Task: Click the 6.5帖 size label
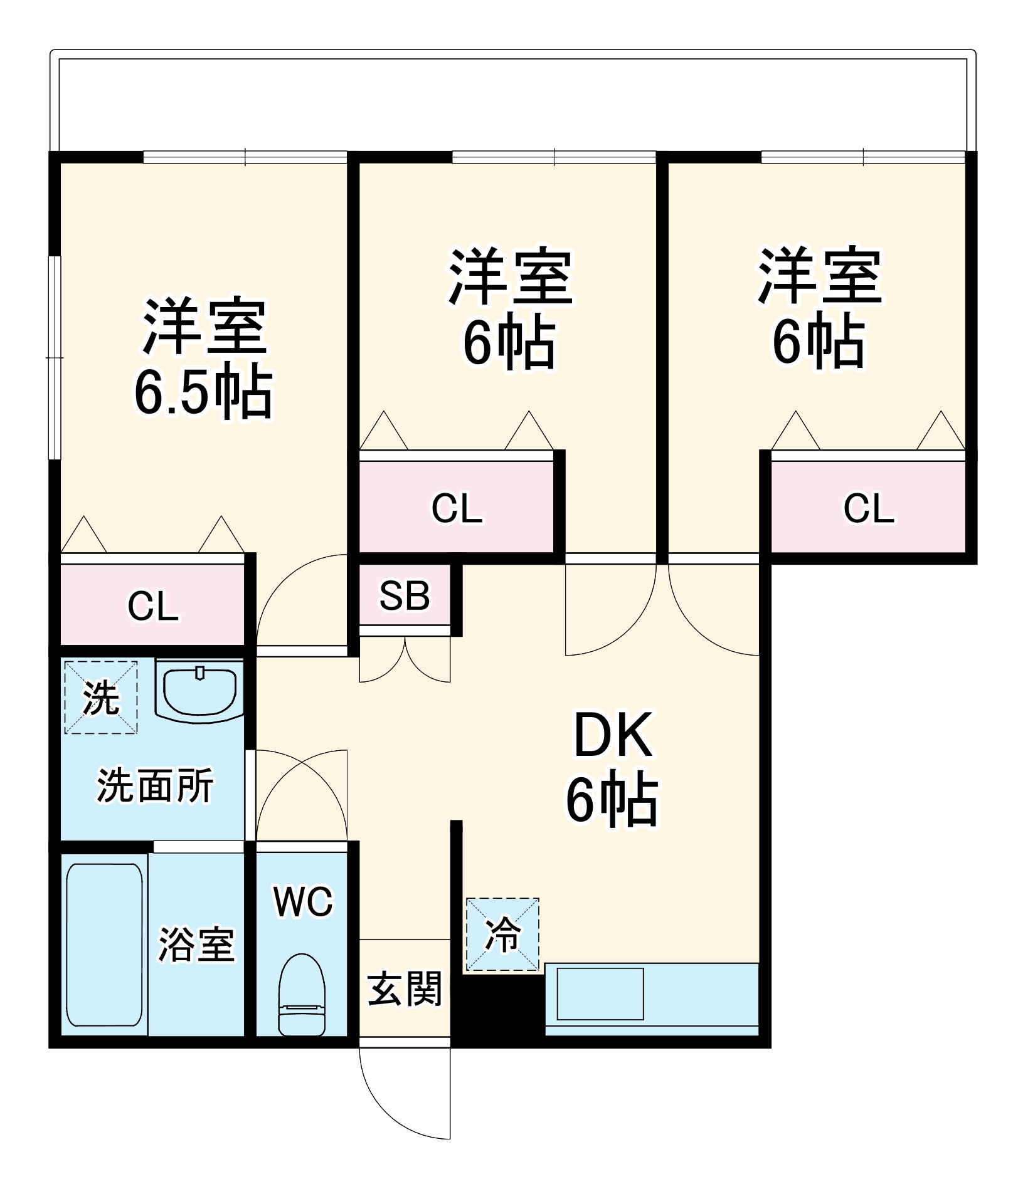(x=203, y=393)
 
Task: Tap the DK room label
(x=613, y=735)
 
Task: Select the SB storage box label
(x=405, y=595)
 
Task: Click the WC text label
(x=303, y=902)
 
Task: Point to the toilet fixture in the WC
(x=302, y=995)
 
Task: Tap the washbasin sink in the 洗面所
(x=199, y=691)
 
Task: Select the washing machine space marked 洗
(x=101, y=697)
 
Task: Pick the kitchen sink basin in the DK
(x=600, y=993)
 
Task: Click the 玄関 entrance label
(x=405, y=988)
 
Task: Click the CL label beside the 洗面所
(x=153, y=606)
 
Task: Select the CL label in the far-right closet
(x=868, y=508)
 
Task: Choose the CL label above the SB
(x=457, y=508)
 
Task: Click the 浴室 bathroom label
(x=196, y=945)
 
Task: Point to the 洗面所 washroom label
(x=155, y=785)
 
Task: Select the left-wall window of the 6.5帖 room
(x=55, y=357)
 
